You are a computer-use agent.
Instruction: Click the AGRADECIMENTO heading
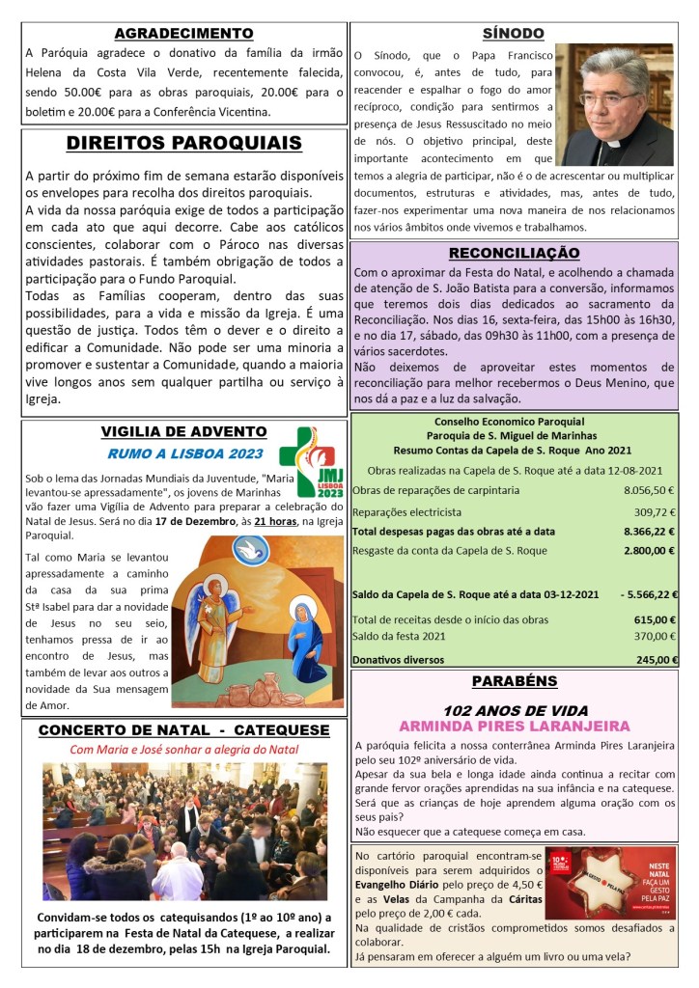[x=183, y=34]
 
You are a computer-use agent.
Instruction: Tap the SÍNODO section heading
[x=513, y=34]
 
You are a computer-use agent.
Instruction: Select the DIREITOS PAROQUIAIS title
[x=183, y=144]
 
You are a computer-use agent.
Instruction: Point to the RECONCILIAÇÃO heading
[x=513, y=254]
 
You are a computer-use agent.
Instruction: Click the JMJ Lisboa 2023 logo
[x=311, y=460]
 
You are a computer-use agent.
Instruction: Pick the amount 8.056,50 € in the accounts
[x=649, y=490]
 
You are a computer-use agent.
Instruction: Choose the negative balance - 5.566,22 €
[x=648, y=594]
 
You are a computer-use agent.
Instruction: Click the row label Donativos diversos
[x=399, y=660]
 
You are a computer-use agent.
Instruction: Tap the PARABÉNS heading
[x=513, y=682]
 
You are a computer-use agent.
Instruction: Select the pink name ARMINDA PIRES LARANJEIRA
[x=513, y=726]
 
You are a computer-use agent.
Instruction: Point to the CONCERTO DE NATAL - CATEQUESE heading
[x=183, y=730]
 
